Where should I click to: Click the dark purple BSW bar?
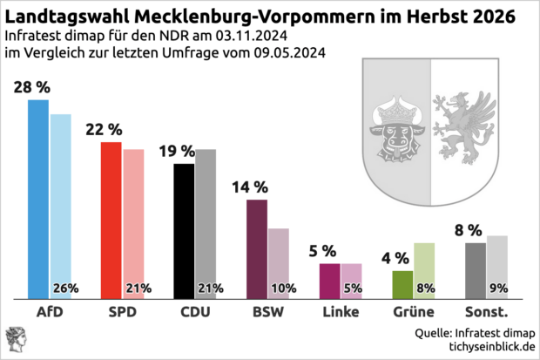click(256, 248)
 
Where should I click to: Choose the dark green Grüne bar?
click(402, 284)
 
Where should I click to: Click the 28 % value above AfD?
click(32, 87)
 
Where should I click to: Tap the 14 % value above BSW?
click(250, 187)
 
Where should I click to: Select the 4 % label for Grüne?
click(395, 258)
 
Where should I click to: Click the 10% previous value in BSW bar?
click(283, 289)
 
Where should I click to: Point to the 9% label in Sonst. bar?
click(499, 289)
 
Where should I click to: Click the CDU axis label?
click(194, 312)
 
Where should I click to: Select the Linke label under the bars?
click(341, 312)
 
